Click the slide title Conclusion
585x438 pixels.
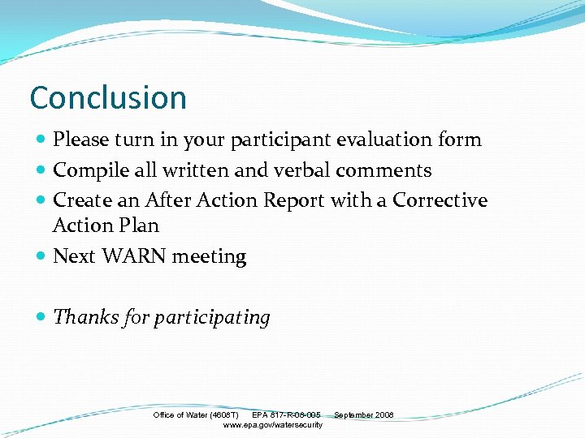pos(108,98)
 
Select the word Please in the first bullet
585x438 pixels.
pos(80,140)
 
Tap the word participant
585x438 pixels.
pos(279,140)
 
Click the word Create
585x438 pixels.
pos(80,200)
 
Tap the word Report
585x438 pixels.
pos(294,200)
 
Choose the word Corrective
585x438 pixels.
pos(440,200)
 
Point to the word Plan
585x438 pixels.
pos(139,225)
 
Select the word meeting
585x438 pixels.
pos(210,256)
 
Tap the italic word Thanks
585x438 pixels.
pos(83,317)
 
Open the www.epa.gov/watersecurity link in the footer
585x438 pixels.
pos(272,425)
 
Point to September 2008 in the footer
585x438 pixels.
pos(364,415)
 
